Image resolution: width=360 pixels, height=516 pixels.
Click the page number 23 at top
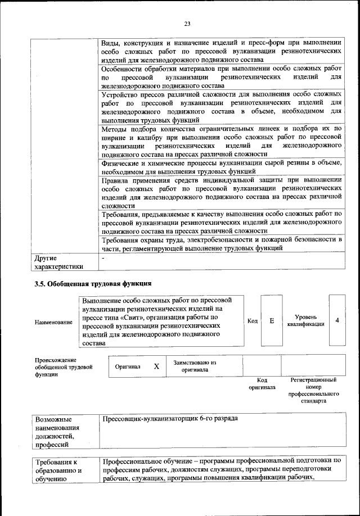pos(187,23)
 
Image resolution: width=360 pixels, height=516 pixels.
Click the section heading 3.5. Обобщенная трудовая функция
pos(93,283)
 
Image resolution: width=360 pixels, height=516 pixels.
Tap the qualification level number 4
pos(337,320)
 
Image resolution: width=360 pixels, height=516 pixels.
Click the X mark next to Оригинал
pos(157,366)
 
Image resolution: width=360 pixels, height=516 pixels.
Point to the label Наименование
pos(53,322)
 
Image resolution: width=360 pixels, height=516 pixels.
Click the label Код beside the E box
pos(253,321)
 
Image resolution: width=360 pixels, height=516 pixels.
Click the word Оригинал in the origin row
pos(127,366)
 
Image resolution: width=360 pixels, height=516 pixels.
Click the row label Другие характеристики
pos(59,262)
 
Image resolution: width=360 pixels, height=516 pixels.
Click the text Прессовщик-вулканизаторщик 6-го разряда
pos(169,419)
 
